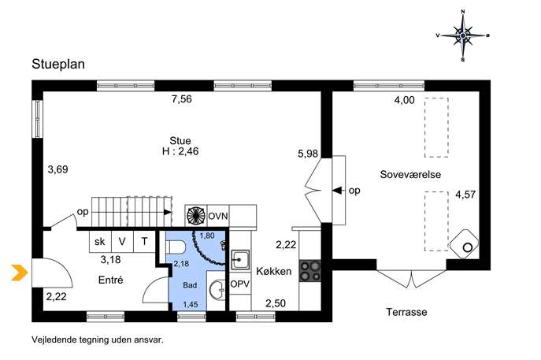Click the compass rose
(463, 35)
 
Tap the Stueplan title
(58, 64)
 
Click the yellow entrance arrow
(20, 273)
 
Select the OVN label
(218, 216)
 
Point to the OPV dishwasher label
(240, 284)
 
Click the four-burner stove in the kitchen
(309, 271)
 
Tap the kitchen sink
(240, 260)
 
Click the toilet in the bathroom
(176, 247)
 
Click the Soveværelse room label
(410, 174)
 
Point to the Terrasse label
(406, 312)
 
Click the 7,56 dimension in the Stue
(181, 99)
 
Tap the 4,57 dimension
(465, 195)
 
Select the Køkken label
(273, 271)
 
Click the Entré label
(110, 280)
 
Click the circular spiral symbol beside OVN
(195, 216)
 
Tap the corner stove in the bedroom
(464, 243)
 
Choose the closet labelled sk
(100, 241)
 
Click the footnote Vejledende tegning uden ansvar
(98, 340)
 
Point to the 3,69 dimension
(58, 169)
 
